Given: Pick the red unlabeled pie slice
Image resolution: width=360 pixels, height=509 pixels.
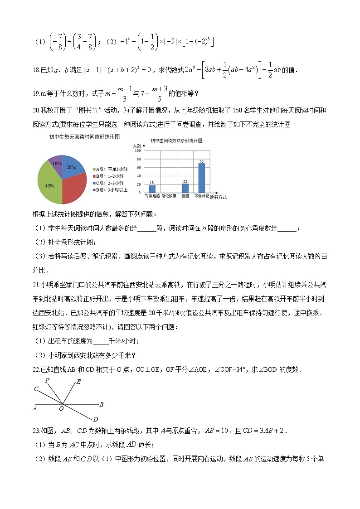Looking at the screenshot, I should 73,189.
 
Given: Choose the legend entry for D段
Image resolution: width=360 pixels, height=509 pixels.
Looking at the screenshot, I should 110,189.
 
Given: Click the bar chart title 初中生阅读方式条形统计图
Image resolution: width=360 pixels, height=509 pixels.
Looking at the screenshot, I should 176,141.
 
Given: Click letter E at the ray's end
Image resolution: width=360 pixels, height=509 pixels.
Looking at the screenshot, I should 78,382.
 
